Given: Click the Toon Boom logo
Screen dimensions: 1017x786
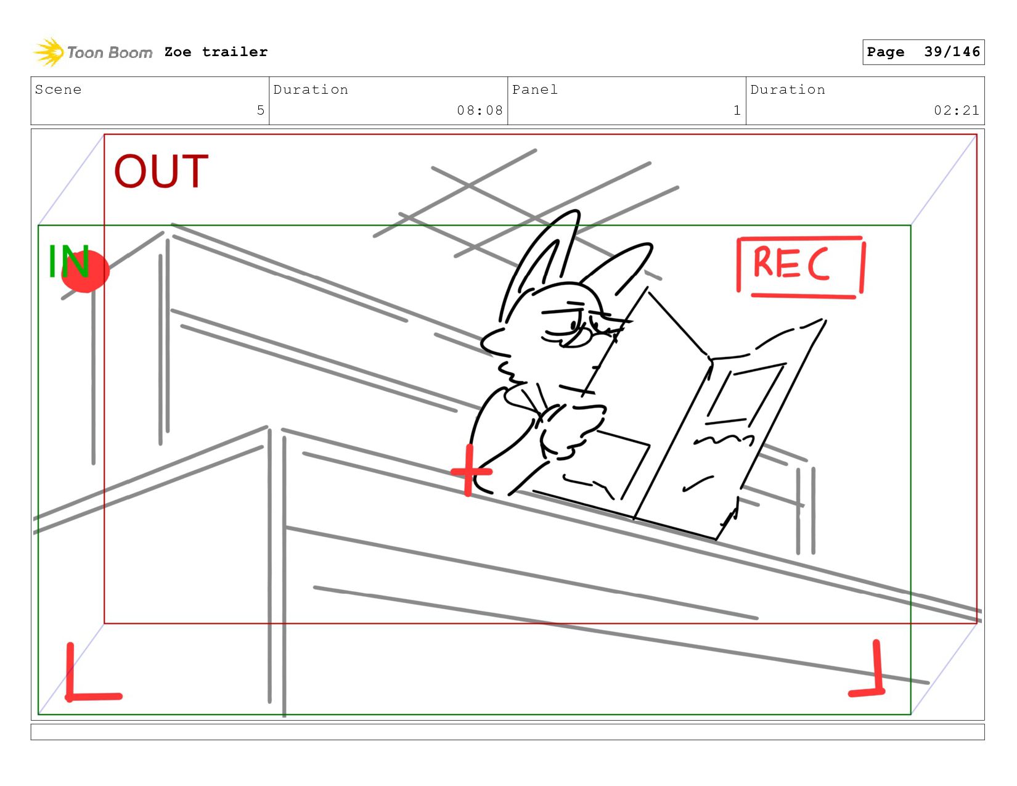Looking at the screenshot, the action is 93,52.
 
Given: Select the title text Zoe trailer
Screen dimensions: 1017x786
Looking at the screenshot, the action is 216,52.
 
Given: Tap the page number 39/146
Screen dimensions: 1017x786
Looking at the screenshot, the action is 952,52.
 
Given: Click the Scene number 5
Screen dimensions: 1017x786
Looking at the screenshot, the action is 260,110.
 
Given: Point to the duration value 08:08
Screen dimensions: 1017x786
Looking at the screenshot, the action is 480,110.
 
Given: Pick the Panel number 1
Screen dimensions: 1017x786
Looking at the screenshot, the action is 737,110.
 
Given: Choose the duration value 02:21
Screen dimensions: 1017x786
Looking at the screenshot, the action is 956,110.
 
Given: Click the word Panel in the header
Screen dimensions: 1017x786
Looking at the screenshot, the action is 534,89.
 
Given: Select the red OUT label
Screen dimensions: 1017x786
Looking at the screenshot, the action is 161,171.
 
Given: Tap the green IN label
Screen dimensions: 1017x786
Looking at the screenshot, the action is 69,261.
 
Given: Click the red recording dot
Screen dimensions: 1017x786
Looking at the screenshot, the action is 86,272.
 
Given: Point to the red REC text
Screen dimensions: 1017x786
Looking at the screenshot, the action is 791,264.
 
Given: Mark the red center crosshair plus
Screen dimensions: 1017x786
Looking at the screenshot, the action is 469,471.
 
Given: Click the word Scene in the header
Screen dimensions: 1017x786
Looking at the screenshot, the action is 58,89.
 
